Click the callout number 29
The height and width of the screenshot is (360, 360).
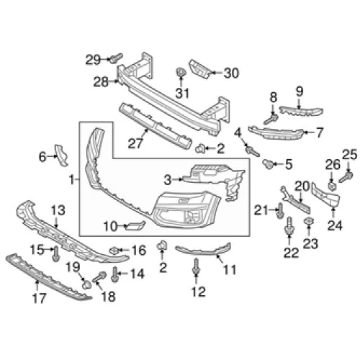tap(93, 59)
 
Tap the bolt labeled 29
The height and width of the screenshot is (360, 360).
tap(116, 58)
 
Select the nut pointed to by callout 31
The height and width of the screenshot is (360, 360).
tap(181, 72)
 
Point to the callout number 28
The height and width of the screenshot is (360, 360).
tap(101, 82)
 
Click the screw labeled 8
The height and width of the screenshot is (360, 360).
tap(271, 119)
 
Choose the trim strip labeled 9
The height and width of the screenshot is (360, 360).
tap(301, 112)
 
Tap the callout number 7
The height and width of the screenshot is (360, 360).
tap(319, 132)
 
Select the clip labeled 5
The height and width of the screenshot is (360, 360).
tap(268, 164)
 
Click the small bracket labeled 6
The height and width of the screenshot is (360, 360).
tap(61, 155)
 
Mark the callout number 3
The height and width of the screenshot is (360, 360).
tap(168, 180)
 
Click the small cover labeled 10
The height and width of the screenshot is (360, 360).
tap(135, 225)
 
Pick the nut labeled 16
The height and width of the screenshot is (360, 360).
tap(114, 251)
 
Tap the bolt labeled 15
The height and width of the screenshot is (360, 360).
tap(56, 254)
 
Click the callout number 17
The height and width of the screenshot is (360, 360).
tap(39, 298)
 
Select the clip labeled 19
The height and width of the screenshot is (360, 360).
tap(86, 284)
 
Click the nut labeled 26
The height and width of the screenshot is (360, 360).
tap(332, 186)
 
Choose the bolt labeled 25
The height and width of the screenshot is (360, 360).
tap(346, 177)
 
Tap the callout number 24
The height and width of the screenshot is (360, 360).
tap(335, 225)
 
